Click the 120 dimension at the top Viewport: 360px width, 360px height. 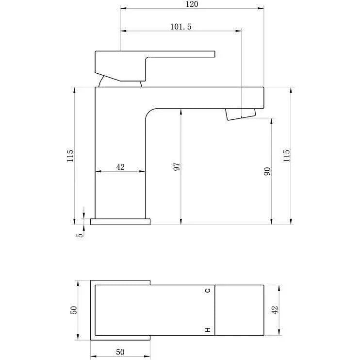point(192,4)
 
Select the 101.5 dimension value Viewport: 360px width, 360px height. point(180,27)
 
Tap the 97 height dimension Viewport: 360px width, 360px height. point(177,167)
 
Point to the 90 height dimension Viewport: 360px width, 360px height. point(267,171)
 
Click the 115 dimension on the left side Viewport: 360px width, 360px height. point(70,156)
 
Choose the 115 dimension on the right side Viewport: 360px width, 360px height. point(286,156)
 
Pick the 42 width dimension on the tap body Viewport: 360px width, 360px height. point(120,167)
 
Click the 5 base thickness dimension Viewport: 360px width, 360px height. point(80,235)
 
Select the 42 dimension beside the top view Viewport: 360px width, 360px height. point(275,310)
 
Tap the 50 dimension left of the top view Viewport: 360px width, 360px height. point(74,310)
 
